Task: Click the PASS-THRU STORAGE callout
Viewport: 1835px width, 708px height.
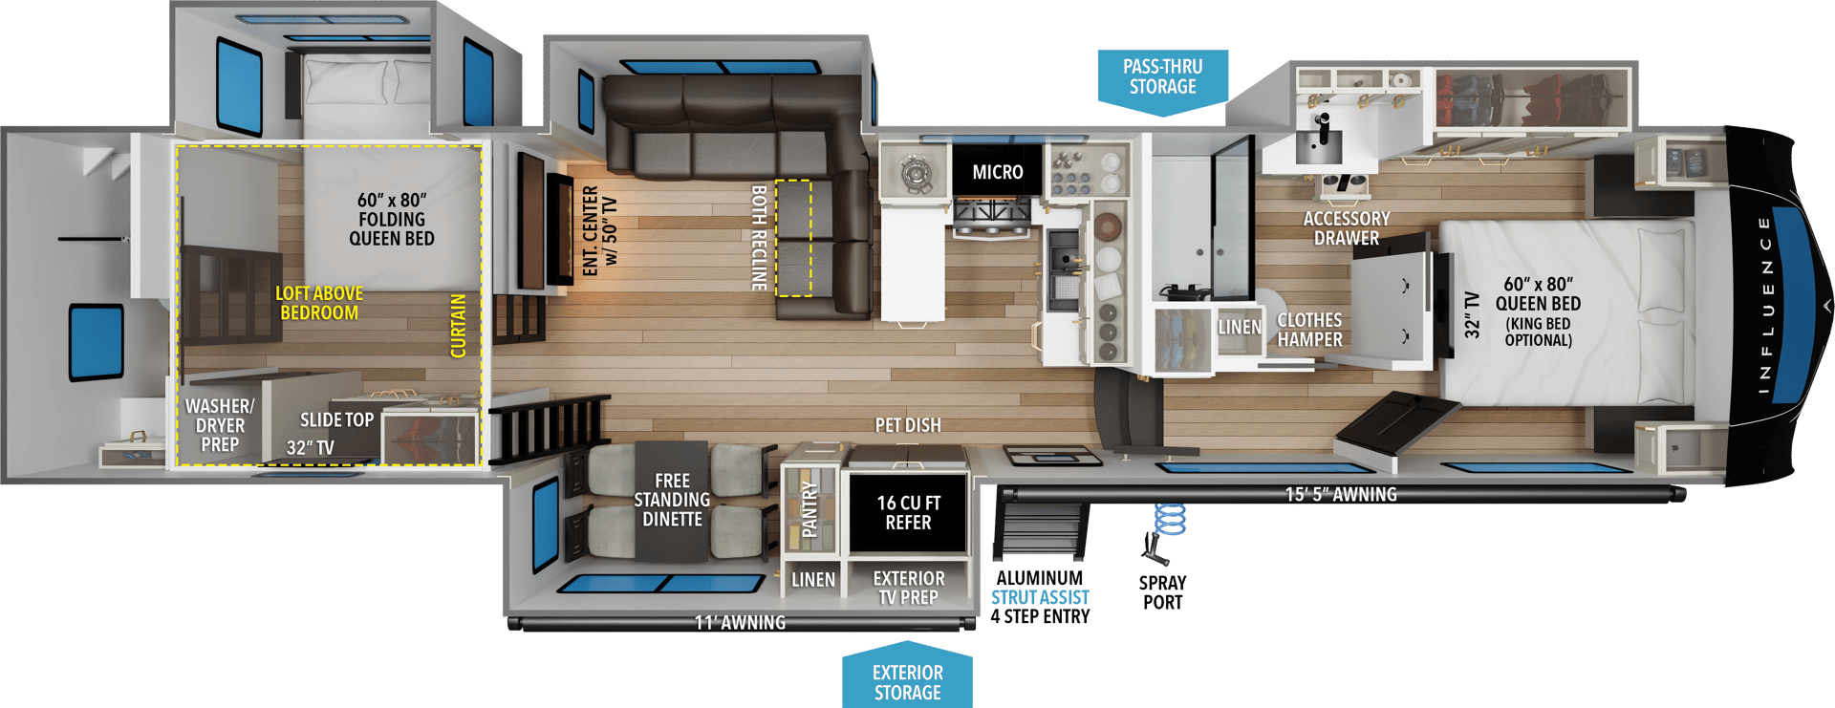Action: tap(1162, 76)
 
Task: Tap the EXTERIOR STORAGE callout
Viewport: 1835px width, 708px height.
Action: tap(907, 682)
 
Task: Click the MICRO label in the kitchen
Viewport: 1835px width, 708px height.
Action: tap(997, 172)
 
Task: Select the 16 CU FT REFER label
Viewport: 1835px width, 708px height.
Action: tap(908, 513)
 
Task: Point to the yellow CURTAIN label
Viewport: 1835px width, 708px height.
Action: tap(459, 326)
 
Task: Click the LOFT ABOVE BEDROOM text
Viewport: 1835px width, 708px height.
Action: tap(319, 303)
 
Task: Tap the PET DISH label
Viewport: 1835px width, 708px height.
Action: tap(908, 425)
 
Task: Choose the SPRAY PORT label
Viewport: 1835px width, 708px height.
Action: tap(1162, 592)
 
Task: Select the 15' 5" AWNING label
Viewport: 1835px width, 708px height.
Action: tap(1340, 495)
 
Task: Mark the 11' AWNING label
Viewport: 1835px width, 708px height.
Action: tap(740, 623)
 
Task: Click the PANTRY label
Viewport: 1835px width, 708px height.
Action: tap(810, 508)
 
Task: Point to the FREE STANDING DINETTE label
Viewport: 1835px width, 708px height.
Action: tap(672, 500)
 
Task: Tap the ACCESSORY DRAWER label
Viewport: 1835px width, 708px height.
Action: tap(1346, 228)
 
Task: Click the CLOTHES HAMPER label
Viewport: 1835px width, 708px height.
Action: tap(1309, 330)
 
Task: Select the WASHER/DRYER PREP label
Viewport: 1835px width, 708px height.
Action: tap(220, 425)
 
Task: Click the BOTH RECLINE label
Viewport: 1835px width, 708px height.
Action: tap(760, 238)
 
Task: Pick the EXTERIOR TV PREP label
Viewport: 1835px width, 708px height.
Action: tap(908, 588)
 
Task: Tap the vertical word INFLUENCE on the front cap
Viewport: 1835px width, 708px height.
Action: tap(1764, 305)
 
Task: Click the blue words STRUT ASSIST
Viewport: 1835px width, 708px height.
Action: tap(1039, 597)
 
